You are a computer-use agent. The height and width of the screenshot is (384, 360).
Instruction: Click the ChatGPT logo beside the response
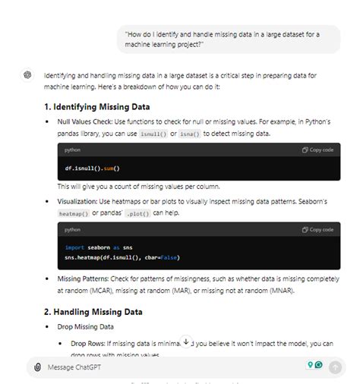tap(27, 75)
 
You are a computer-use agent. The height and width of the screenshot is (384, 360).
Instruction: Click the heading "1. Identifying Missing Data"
tap(96, 106)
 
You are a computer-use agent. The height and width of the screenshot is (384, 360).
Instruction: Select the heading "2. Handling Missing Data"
tap(93, 311)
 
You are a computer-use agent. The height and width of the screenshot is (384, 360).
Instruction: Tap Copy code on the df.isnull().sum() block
tap(317, 150)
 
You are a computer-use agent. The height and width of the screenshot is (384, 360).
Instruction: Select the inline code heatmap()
tap(74, 214)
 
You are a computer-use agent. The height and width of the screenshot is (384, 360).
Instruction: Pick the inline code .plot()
tap(138, 214)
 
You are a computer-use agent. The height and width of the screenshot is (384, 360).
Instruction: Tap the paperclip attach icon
tap(37, 367)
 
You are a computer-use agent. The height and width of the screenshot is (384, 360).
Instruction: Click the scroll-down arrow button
tap(185, 342)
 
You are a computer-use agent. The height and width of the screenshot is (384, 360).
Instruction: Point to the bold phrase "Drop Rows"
tap(85, 344)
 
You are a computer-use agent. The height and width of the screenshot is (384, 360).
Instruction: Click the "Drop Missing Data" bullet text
tap(85, 327)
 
